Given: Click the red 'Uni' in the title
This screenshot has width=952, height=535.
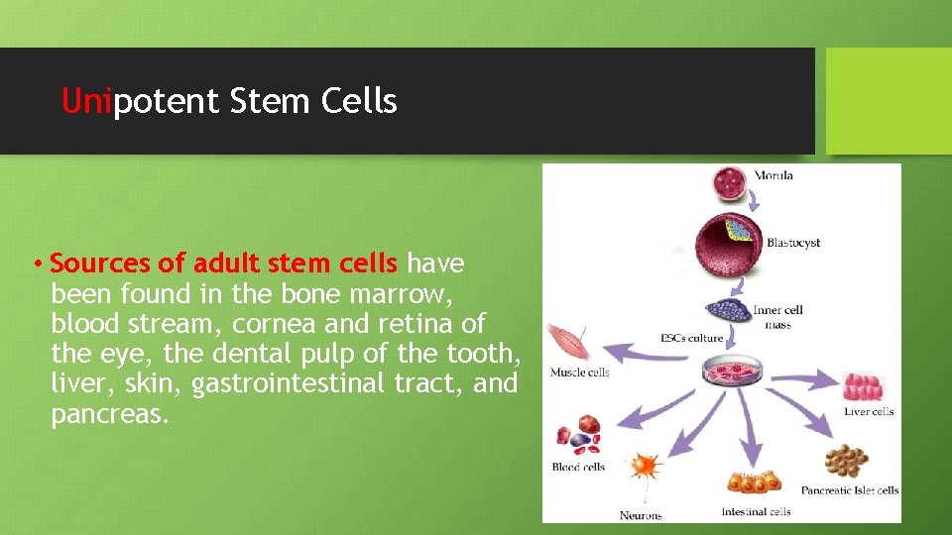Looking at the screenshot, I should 86,101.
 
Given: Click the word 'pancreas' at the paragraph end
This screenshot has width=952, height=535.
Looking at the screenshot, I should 109,412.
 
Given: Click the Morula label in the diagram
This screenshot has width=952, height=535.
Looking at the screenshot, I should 773,176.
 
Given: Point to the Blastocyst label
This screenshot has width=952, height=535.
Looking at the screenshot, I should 792,243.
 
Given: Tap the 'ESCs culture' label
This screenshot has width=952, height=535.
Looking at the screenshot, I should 691,338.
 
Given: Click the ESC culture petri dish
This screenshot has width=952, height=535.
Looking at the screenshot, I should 730,372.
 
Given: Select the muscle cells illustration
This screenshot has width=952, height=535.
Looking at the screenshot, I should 568,342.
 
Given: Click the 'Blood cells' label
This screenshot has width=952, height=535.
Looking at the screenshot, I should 578,467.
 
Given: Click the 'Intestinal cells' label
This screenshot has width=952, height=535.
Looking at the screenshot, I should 756,512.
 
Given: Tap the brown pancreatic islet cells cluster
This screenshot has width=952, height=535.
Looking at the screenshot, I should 846,461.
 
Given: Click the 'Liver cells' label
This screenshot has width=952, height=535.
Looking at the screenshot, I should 869,411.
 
